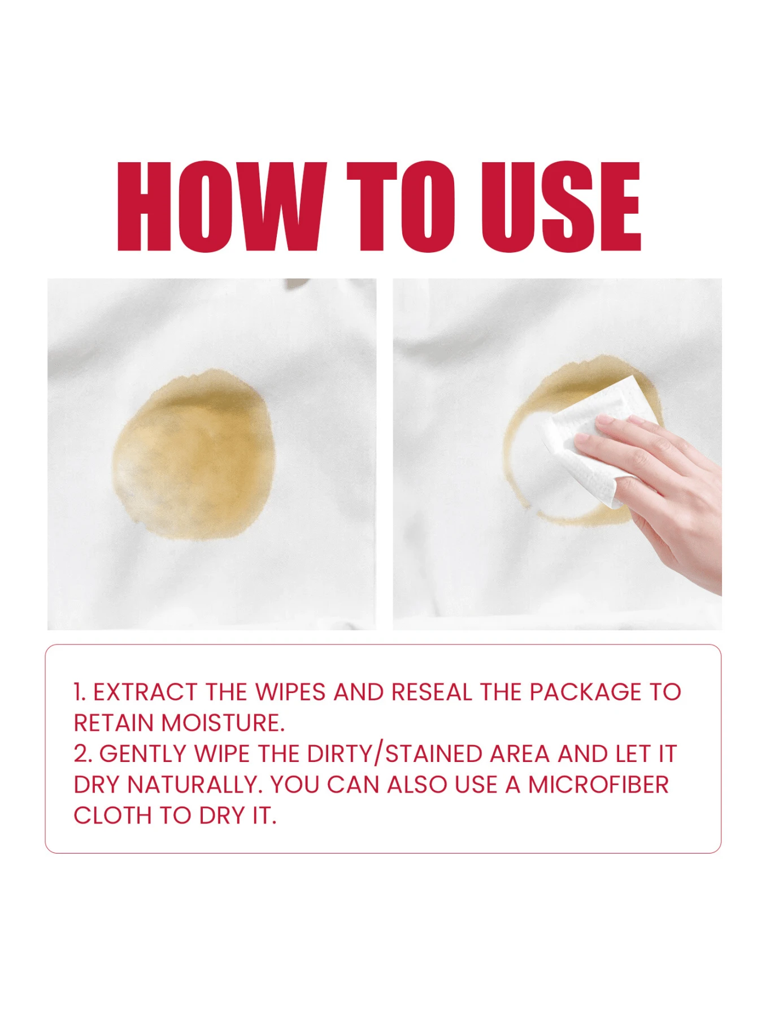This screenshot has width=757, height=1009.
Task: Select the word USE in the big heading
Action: pyautogui.click(x=560, y=206)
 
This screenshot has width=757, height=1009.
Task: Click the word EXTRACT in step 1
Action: pyautogui.click(x=145, y=692)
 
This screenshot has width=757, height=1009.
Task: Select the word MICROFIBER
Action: pyautogui.click(x=598, y=785)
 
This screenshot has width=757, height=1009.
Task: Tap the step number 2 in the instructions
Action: pyautogui.click(x=81, y=754)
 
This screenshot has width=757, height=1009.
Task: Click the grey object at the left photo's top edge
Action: pyautogui.click(x=296, y=283)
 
